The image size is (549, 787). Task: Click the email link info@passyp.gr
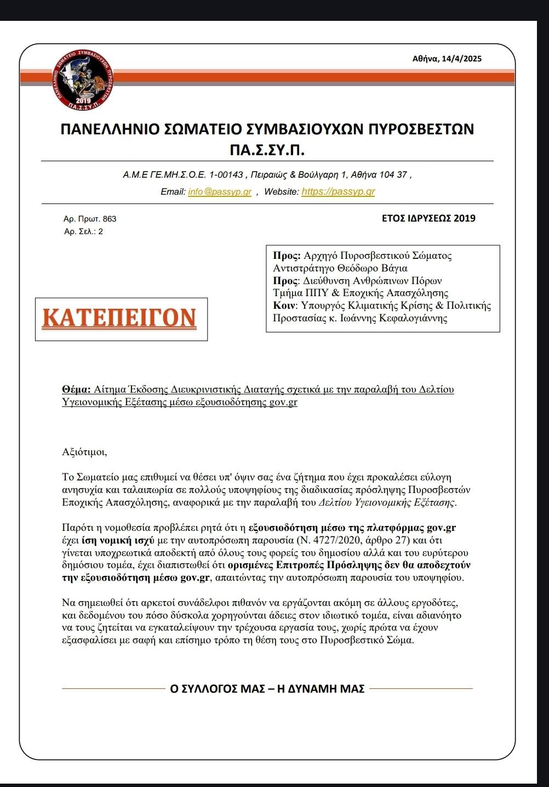219,192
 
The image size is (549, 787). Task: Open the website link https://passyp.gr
338,192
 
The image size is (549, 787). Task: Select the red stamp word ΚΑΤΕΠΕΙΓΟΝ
119,318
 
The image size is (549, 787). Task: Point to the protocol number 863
110,219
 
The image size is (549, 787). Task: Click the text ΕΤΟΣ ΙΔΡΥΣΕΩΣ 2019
428,218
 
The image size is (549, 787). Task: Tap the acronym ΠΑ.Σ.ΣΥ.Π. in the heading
267,150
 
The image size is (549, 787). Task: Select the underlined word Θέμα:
76,390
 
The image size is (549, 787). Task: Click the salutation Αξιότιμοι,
85,452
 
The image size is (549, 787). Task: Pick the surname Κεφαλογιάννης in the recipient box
413,319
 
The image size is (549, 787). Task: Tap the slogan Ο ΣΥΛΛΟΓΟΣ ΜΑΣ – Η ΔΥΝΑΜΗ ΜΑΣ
267,689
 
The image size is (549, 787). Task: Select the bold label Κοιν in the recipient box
284,306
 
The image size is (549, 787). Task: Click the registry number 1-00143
226,175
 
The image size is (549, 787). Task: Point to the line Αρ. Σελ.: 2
83,231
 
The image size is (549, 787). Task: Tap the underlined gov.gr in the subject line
283,403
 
